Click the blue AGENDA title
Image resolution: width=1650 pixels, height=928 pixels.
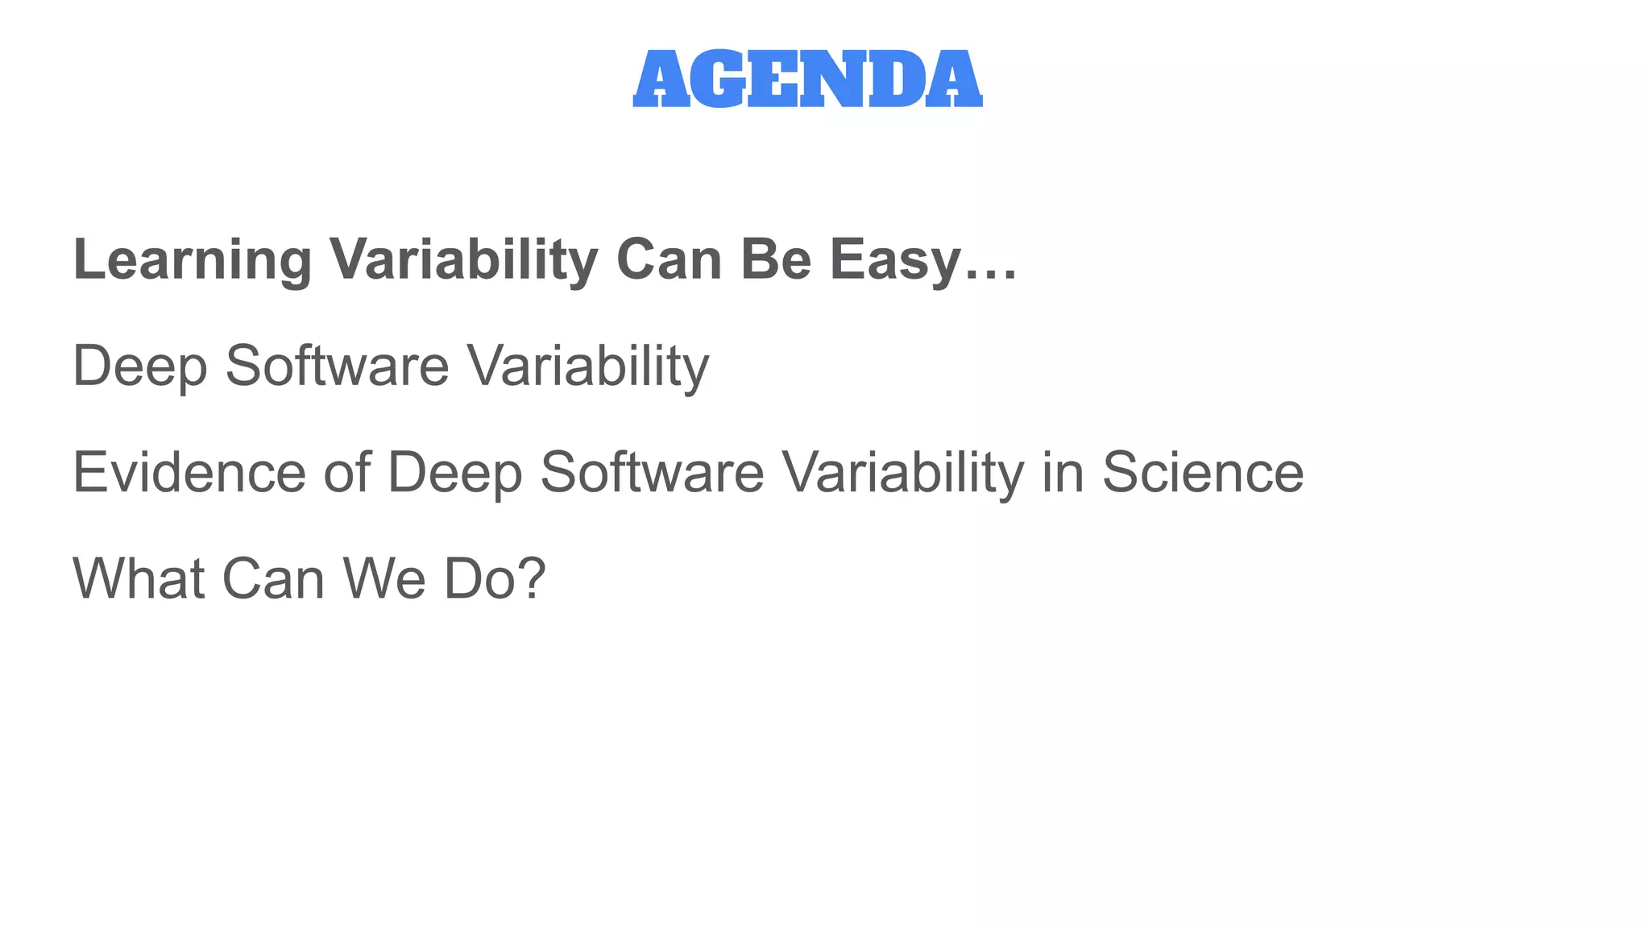[807, 79]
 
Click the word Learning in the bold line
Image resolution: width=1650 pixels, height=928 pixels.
[192, 260]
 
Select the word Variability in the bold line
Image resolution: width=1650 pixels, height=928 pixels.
[463, 260]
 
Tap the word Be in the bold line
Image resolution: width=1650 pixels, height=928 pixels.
[775, 260]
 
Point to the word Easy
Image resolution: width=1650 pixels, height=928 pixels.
[895, 260]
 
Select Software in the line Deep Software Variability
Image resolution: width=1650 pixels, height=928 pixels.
[337, 367]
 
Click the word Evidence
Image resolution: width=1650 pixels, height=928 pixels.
[189, 473]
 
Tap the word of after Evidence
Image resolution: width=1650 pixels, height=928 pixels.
[346, 473]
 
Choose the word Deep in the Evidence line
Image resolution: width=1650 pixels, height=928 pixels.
[455, 473]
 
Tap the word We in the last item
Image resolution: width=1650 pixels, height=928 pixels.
[383, 579]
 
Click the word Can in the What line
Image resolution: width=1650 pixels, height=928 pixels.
[273, 579]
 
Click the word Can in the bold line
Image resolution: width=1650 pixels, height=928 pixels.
[669, 260]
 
